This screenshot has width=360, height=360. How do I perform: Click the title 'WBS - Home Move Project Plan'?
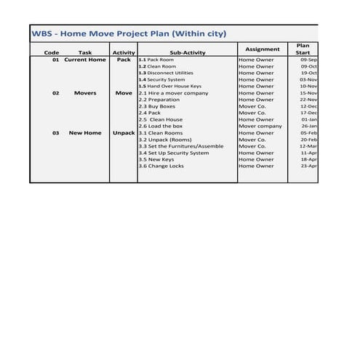click(129, 33)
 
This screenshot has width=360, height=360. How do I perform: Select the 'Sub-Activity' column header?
click(188, 52)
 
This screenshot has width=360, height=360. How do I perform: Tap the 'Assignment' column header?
click(262, 49)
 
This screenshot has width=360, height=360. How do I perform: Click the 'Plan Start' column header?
click(303, 49)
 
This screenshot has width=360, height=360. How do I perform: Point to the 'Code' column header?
click(52, 52)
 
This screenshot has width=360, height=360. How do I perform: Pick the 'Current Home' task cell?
click(85, 60)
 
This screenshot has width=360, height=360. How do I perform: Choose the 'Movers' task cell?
click(85, 93)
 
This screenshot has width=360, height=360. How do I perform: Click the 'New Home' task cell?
click(85, 133)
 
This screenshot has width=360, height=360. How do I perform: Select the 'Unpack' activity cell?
click(124, 133)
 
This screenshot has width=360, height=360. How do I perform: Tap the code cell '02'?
click(56, 93)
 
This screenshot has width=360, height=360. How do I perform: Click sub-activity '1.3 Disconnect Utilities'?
click(166, 73)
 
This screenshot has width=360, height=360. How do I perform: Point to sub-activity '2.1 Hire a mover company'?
click(173, 93)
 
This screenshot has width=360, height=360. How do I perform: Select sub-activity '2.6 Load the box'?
click(161, 126)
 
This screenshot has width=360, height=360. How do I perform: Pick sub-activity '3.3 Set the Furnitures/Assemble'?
click(181, 146)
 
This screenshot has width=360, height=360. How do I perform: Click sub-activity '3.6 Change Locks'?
click(161, 166)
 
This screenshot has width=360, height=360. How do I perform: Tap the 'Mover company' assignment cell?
click(260, 126)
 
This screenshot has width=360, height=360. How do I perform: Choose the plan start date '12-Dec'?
click(309, 106)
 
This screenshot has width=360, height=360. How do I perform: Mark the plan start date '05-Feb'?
click(309, 133)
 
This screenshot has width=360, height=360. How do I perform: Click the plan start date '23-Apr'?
click(309, 166)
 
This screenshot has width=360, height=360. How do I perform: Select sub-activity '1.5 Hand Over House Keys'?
click(169, 86)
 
